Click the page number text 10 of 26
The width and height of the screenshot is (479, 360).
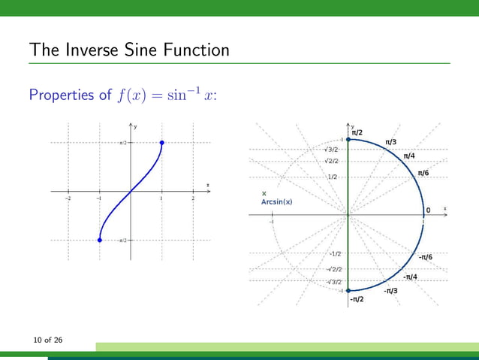pos(47,341)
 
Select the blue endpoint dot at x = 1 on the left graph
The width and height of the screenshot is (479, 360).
pos(162,143)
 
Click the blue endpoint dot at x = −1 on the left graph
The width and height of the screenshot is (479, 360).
pos(99,240)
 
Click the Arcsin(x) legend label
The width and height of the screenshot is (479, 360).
pos(276,201)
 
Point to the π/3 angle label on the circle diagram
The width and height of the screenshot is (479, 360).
pos(390,142)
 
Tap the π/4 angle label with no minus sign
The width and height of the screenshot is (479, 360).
pos(409,156)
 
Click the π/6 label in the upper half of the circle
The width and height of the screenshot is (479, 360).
pos(423,174)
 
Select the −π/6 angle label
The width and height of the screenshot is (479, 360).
pos(425,258)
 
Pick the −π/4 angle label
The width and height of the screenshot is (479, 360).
pos(410,277)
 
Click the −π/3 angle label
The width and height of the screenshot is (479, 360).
pos(390,290)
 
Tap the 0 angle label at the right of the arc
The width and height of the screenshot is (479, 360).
pos(429,210)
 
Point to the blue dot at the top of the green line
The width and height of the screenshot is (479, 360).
pos(348,139)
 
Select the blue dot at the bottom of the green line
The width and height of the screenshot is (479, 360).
pos(348,290)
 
